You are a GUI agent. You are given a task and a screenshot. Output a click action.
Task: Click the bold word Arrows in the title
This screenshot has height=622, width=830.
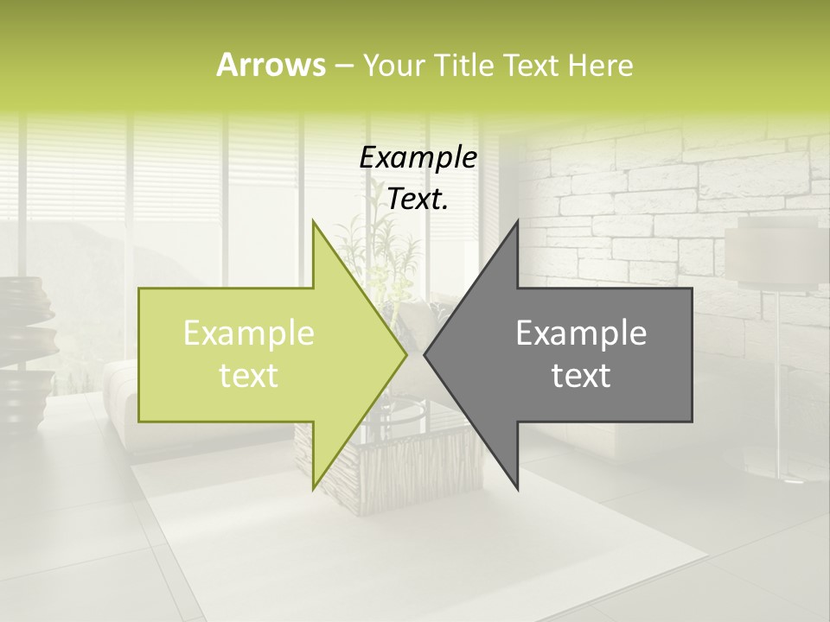(271, 65)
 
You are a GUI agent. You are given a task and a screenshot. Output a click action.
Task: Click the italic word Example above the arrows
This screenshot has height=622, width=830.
(418, 158)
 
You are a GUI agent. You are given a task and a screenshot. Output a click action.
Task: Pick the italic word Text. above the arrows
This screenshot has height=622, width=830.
(418, 199)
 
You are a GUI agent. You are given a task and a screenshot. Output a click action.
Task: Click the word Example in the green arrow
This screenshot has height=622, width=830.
(248, 333)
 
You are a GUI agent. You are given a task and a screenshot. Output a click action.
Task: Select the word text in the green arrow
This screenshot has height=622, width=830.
(248, 376)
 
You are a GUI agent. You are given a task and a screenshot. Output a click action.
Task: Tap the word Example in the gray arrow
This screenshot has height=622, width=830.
(581, 333)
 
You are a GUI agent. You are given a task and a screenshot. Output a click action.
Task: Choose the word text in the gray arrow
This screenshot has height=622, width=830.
(581, 376)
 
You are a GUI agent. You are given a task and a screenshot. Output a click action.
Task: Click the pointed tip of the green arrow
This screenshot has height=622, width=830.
(405, 354)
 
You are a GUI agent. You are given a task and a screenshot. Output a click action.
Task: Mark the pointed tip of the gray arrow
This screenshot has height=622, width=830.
(425, 354)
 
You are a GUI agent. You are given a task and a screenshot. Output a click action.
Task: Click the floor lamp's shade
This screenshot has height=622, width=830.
(772, 255)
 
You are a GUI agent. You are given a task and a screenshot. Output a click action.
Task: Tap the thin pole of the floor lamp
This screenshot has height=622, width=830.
(780, 380)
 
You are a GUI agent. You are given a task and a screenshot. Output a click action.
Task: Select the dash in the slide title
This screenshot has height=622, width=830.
(343, 66)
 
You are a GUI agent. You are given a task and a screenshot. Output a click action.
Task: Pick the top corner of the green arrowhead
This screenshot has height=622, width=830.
(313, 222)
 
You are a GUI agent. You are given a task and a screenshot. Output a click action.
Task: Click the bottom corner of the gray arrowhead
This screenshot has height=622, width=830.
(517, 489)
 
